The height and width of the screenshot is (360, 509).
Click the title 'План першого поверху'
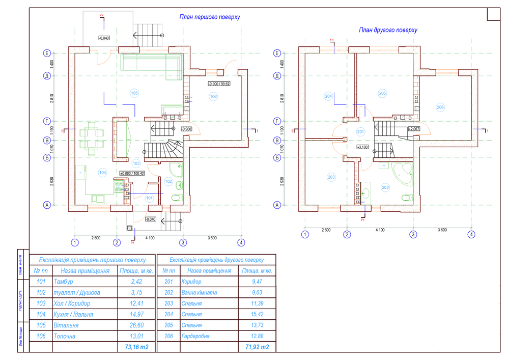209,17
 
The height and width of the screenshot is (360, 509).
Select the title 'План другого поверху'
388,30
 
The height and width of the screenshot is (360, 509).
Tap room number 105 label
134,93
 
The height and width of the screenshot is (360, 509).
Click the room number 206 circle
440,107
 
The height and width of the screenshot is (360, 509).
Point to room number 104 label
103,173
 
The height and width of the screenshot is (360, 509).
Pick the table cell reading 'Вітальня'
66,325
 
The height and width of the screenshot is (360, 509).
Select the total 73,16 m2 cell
136,347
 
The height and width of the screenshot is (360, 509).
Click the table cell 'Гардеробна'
195,336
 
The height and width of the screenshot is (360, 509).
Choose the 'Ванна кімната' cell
199,292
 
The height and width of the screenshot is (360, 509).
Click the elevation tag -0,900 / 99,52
219,84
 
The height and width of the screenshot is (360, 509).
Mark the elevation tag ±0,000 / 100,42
132,174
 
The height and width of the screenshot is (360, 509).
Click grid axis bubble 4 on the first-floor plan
241,242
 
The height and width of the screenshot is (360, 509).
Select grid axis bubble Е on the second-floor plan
277,53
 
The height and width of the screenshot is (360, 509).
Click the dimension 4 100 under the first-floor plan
149,238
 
